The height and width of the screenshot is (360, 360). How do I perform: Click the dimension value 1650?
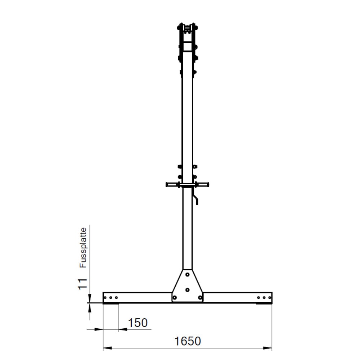187,341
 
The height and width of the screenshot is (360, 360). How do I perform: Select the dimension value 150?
138,323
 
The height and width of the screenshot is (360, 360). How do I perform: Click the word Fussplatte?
83,247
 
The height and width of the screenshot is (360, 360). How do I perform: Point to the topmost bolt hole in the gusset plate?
187,274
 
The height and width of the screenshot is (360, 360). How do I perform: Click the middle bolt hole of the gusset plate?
187,289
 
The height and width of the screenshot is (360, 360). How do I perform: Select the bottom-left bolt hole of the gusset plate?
175,297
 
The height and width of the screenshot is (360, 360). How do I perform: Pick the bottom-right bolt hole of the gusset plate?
200,297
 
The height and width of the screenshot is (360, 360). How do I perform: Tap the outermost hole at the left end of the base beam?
105,298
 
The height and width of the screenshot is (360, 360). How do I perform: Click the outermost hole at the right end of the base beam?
269,298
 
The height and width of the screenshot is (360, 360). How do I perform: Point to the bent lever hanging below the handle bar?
195,199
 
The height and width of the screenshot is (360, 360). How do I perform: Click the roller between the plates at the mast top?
187,28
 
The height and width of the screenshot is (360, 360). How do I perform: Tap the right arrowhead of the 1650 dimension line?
268,348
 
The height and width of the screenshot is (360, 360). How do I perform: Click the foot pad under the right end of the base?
263,303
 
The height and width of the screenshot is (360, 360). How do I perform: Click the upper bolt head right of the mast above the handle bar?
195,167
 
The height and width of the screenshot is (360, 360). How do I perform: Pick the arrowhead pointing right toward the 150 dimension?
99,329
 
